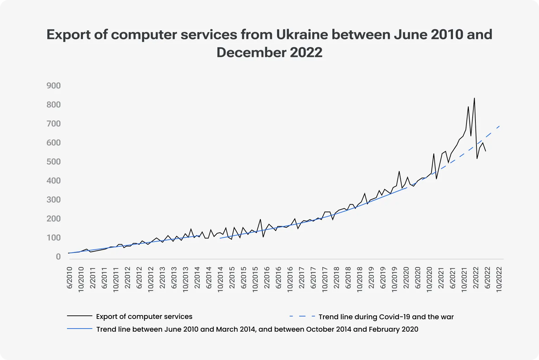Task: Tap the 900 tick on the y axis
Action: (54, 86)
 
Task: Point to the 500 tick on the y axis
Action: (54, 162)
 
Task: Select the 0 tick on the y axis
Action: (58, 257)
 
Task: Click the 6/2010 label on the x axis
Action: (69, 278)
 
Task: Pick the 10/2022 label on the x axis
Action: (499, 280)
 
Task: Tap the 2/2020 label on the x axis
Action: (406, 278)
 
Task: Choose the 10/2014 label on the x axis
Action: (220, 280)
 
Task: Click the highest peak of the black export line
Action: (474, 98)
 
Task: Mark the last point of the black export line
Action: (485, 151)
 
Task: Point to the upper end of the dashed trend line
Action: (500, 126)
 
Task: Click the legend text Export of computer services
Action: (144, 316)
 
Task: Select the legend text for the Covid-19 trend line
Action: (386, 317)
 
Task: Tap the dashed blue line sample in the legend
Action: (302, 316)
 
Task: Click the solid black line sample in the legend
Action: (80, 316)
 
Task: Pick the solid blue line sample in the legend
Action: (80, 329)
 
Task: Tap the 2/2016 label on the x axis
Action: (267, 278)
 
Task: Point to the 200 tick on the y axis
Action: (54, 219)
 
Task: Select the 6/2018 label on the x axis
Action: (348, 278)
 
